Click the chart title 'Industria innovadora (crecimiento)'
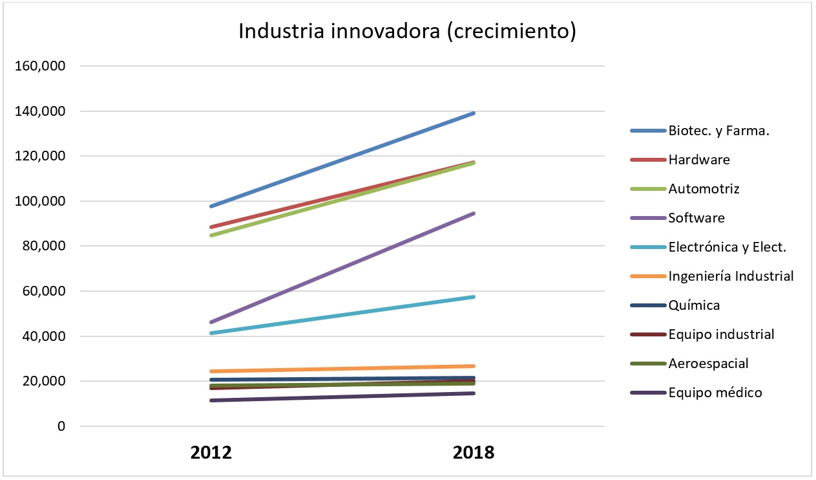tap(407, 32)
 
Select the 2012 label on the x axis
tap(211, 452)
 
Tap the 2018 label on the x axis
tap(474, 452)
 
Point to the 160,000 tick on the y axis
tap(40, 66)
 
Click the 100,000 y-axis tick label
tap(40, 201)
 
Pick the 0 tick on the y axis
tap(61, 426)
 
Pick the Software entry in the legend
tap(696, 218)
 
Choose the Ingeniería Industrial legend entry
tap(731, 276)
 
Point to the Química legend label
tap(694, 305)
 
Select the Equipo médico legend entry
tap(715, 393)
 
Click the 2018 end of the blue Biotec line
tap(474, 113)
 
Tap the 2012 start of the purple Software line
tap(212, 322)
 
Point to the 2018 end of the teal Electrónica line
tap(474, 297)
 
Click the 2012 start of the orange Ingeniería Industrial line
tap(212, 371)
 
